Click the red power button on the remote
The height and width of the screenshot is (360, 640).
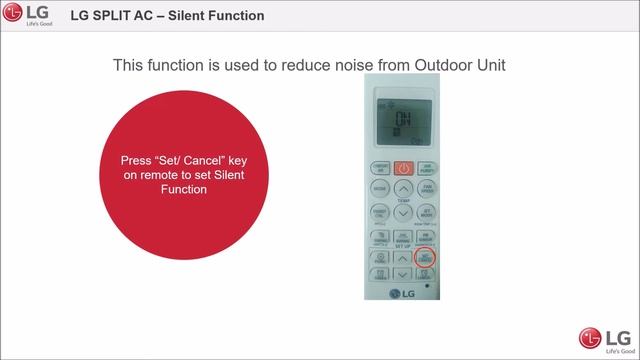pyautogui.click(x=402, y=168)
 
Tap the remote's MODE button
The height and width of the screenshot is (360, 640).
pyautogui.click(x=380, y=189)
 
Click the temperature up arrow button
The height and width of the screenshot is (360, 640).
pyautogui.click(x=402, y=188)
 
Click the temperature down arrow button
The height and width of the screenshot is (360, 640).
pyautogui.click(x=402, y=212)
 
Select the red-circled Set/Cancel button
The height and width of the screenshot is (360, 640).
pyautogui.click(x=425, y=258)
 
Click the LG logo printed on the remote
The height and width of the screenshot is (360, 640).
pyautogui.click(x=402, y=292)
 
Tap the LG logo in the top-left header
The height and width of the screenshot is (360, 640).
pyautogui.click(x=32, y=16)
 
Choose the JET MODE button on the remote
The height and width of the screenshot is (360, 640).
pyautogui.click(x=425, y=213)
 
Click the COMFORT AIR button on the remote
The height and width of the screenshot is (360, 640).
pyautogui.click(x=380, y=167)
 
